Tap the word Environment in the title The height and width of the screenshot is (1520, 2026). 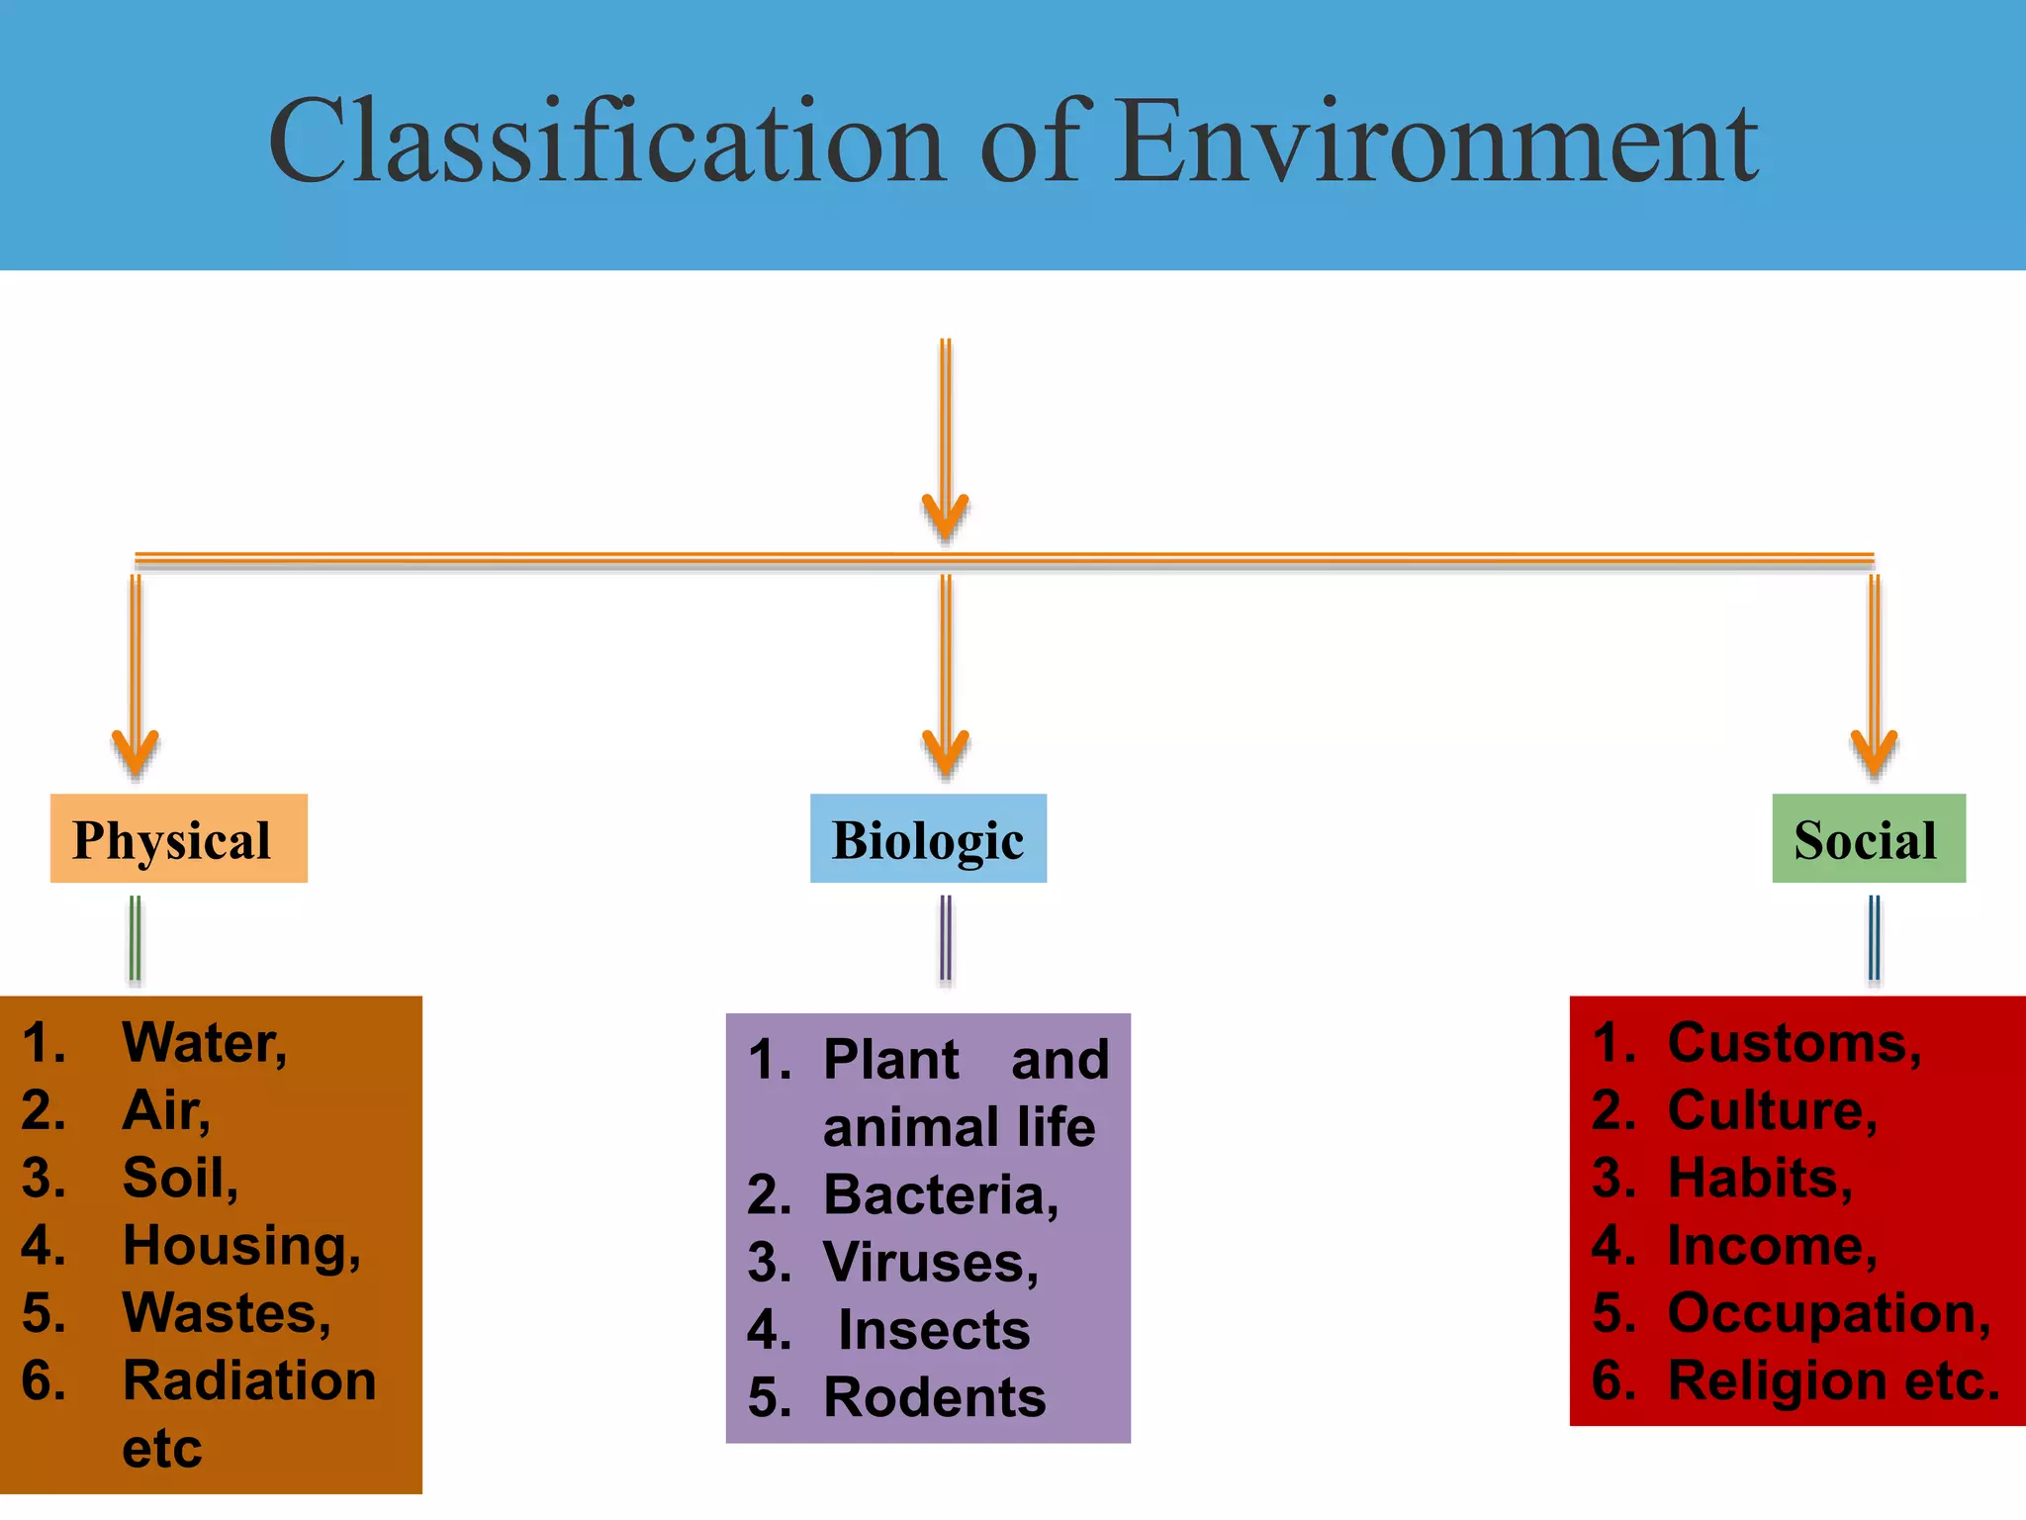1437,142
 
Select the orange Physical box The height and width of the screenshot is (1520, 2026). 178,838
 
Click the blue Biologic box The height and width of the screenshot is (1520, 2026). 928,838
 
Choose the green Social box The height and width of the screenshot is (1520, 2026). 1868,838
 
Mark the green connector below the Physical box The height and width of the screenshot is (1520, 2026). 136,938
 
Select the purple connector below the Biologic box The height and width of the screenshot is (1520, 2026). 946,938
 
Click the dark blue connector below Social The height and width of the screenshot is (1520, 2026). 1874,938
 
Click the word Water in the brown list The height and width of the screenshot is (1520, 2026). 203,1043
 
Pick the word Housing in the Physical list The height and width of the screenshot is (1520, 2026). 240,1245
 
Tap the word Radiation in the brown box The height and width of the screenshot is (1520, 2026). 249,1380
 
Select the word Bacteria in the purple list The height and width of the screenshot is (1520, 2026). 940,1194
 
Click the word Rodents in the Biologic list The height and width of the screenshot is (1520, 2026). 935,1397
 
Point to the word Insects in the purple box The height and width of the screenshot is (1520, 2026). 934,1330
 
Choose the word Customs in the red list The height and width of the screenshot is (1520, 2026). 1794,1043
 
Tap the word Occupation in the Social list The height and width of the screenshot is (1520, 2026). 1828,1313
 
